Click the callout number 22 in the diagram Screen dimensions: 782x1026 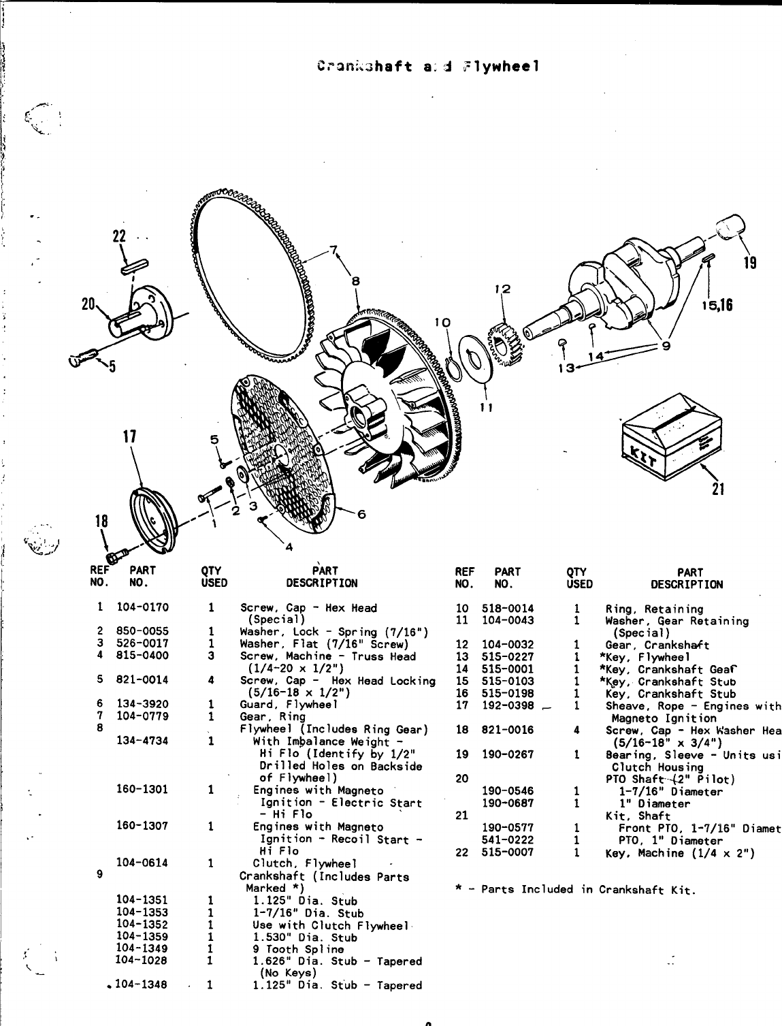(x=120, y=236)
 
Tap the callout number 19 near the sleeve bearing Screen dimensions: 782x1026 (x=749, y=263)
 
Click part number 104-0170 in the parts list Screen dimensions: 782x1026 (x=142, y=607)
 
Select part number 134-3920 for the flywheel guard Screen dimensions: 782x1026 (x=142, y=704)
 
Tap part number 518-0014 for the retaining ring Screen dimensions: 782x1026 (x=508, y=609)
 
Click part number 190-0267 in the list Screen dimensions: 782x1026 (x=508, y=754)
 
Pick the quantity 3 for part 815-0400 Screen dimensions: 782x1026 (x=211, y=656)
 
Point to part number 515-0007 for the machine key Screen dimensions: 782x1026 (x=508, y=852)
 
